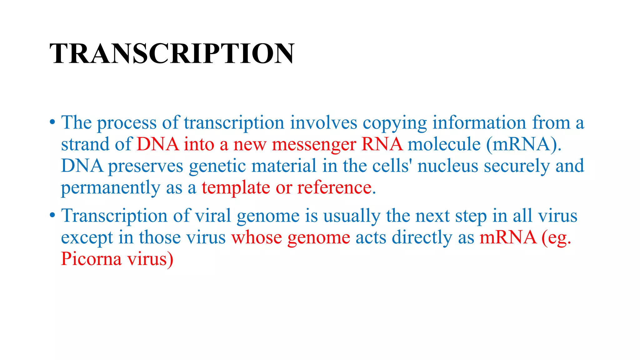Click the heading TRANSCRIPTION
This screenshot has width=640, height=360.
(x=172, y=53)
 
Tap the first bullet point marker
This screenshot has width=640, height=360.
(x=52, y=122)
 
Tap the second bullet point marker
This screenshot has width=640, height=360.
(x=52, y=215)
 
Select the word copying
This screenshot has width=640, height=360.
(x=395, y=123)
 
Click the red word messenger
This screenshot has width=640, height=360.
(x=314, y=145)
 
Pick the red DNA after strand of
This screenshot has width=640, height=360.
(x=158, y=144)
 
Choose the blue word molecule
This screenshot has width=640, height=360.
(x=444, y=144)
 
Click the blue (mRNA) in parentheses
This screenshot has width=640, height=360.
(x=524, y=144)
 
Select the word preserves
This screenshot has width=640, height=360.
(x=146, y=166)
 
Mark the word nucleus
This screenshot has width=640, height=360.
(x=448, y=166)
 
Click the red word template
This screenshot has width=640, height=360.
(x=236, y=188)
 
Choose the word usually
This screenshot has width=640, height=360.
(x=352, y=216)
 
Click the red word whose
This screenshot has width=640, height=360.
(x=257, y=237)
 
